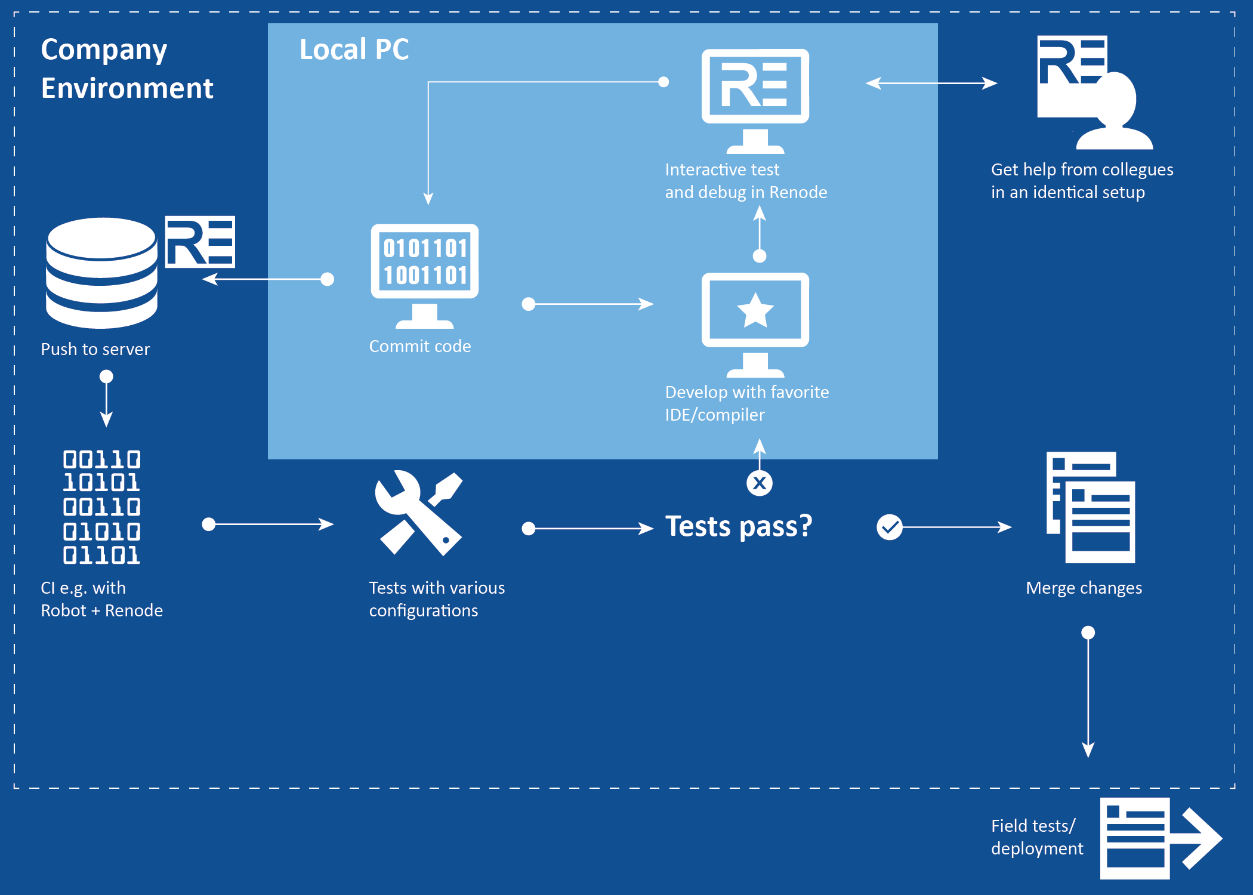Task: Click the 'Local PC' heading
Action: click(x=354, y=50)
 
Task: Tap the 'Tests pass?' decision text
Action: click(x=739, y=527)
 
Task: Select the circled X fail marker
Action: click(x=760, y=483)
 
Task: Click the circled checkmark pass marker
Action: click(x=889, y=527)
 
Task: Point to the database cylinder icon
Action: click(x=101, y=273)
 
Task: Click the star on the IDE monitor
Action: click(x=755, y=310)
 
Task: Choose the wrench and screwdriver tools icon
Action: click(x=419, y=513)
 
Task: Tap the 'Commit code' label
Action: click(x=420, y=347)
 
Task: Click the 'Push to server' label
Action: click(x=95, y=349)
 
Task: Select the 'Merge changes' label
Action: click(x=1084, y=588)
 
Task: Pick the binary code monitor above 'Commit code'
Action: click(x=425, y=275)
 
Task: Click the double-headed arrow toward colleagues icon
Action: click(x=931, y=84)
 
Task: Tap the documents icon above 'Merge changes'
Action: click(x=1091, y=507)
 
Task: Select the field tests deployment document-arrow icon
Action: click(x=1161, y=838)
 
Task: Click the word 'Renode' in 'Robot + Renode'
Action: click(x=134, y=611)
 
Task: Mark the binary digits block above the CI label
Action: click(x=102, y=507)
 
